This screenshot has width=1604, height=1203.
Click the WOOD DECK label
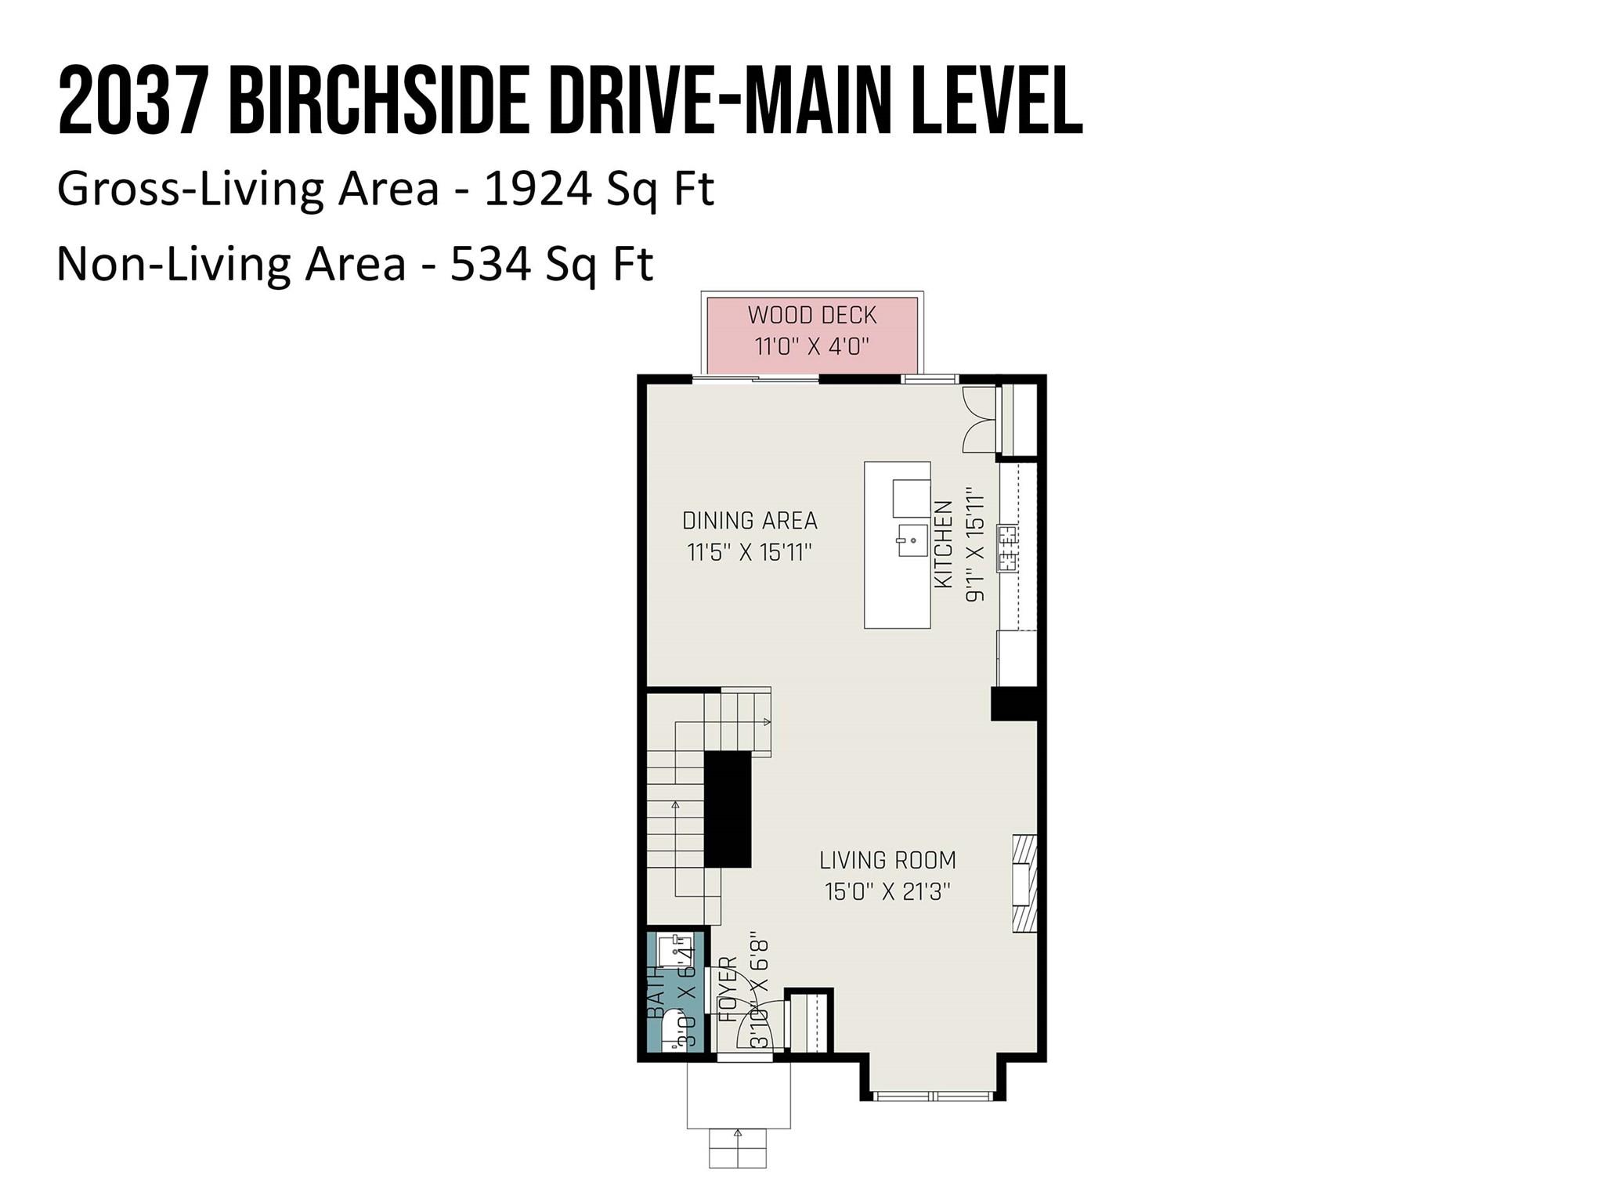[x=812, y=316]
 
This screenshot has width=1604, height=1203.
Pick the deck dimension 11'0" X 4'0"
[x=812, y=346]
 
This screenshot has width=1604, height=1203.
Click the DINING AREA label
[x=750, y=521]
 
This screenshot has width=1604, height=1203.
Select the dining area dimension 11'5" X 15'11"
[x=750, y=553]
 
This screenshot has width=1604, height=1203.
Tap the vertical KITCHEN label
[x=945, y=544]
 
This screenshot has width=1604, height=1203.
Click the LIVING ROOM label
[x=887, y=861]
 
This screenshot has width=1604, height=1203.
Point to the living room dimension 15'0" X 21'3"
[x=887, y=892]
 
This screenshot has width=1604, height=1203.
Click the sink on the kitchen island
[x=912, y=540]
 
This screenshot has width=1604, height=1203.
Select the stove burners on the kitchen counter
[x=1007, y=547]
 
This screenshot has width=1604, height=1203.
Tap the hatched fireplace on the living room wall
[x=1024, y=883]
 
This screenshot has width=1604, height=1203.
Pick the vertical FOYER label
[x=728, y=988]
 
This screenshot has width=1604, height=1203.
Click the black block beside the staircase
[x=728, y=809]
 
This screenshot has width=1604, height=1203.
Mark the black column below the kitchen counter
[x=1015, y=703]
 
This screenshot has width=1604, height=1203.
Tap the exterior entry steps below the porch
[x=738, y=1148]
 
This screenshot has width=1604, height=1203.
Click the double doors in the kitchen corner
[x=977, y=419]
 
